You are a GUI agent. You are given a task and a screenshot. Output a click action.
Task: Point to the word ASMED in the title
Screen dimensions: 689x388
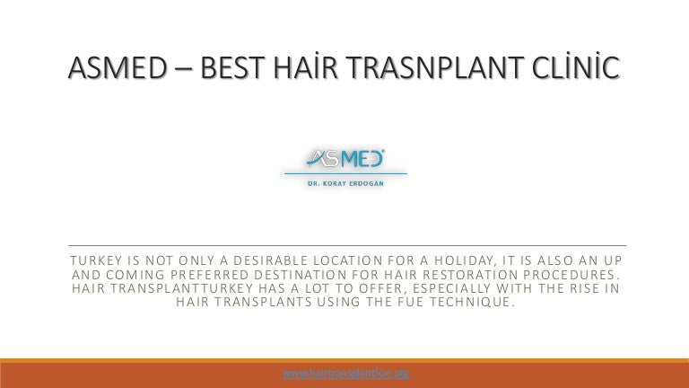[x=118, y=68]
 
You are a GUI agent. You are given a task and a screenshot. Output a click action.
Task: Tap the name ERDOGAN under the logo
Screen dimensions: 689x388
[x=366, y=183]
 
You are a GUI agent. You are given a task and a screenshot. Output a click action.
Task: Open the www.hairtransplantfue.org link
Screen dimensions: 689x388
[x=345, y=374]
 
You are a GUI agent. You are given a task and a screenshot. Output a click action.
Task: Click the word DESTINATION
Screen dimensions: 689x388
[x=301, y=275]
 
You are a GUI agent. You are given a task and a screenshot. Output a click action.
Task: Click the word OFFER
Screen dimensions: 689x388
[x=382, y=288]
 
